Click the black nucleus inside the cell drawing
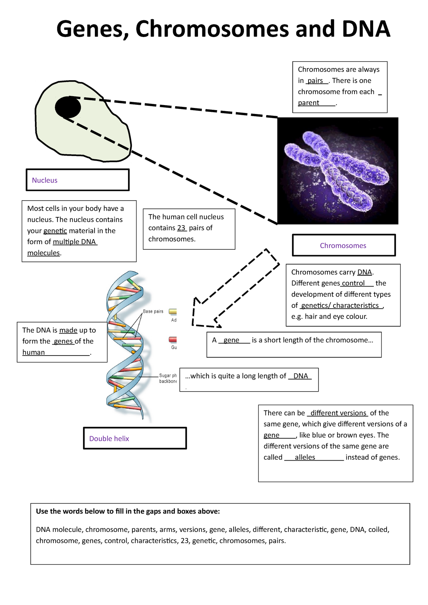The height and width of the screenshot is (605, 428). [68, 107]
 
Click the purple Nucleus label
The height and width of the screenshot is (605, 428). [45, 180]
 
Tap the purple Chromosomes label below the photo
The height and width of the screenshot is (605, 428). [343, 245]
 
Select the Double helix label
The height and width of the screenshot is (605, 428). [109, 439]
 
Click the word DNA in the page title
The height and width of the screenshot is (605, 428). [366, 29]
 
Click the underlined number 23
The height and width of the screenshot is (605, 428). [182, 228]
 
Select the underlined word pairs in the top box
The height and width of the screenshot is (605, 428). [315, 81]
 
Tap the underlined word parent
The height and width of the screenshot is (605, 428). [309, 103]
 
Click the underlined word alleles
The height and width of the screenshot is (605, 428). [305, 457]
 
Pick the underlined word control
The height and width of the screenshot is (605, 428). [353, 283]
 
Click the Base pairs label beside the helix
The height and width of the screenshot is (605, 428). [153, 311]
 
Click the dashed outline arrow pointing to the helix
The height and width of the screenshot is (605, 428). [235, 289]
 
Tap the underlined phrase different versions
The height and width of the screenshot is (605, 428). [338, 413]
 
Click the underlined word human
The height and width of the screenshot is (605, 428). [34, 352]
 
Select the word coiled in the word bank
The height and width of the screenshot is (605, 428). [378, 530]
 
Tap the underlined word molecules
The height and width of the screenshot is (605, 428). [44, 253]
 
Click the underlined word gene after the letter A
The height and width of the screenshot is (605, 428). [231, 340]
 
